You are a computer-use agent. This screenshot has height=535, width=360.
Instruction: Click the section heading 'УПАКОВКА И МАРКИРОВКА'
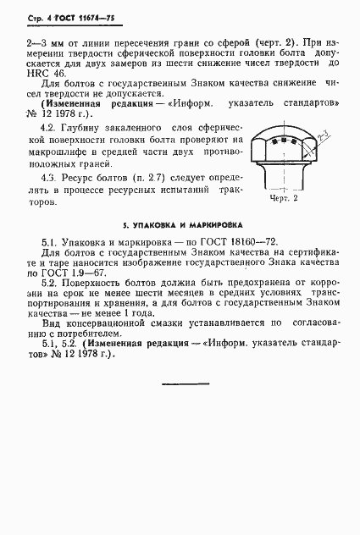point(182,228)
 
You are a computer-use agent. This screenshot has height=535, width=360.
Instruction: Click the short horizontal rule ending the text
point(184,383)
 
